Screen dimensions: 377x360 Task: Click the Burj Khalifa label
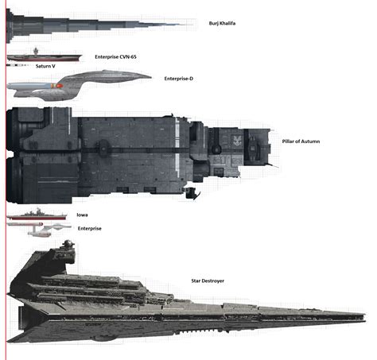click(222, 23)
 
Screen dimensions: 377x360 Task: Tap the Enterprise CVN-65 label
click(115, 56)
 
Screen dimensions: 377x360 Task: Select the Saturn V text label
click(45, 66)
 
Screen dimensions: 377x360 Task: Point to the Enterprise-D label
click(178, 79)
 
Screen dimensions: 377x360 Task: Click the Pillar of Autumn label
click(301, 141)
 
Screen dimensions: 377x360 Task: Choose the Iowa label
click(82, 215)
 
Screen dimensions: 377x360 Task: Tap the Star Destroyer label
click(208, 281)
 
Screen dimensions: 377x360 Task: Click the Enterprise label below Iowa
click(90, 228)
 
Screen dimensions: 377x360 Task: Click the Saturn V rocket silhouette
click(17, 65)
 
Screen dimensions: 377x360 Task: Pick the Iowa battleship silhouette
click(37, 215)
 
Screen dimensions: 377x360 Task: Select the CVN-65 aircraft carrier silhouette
click(45, 55)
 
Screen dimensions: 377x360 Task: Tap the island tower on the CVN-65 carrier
click(36, 51)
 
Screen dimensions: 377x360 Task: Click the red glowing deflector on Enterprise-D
click(59, 86)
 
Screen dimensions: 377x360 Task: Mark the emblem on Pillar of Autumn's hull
click(236, 141)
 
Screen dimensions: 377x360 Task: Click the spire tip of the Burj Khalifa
click(192, 25)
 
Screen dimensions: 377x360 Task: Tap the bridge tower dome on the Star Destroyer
click(68, 242)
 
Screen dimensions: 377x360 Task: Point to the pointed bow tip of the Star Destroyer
click(366, 315)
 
